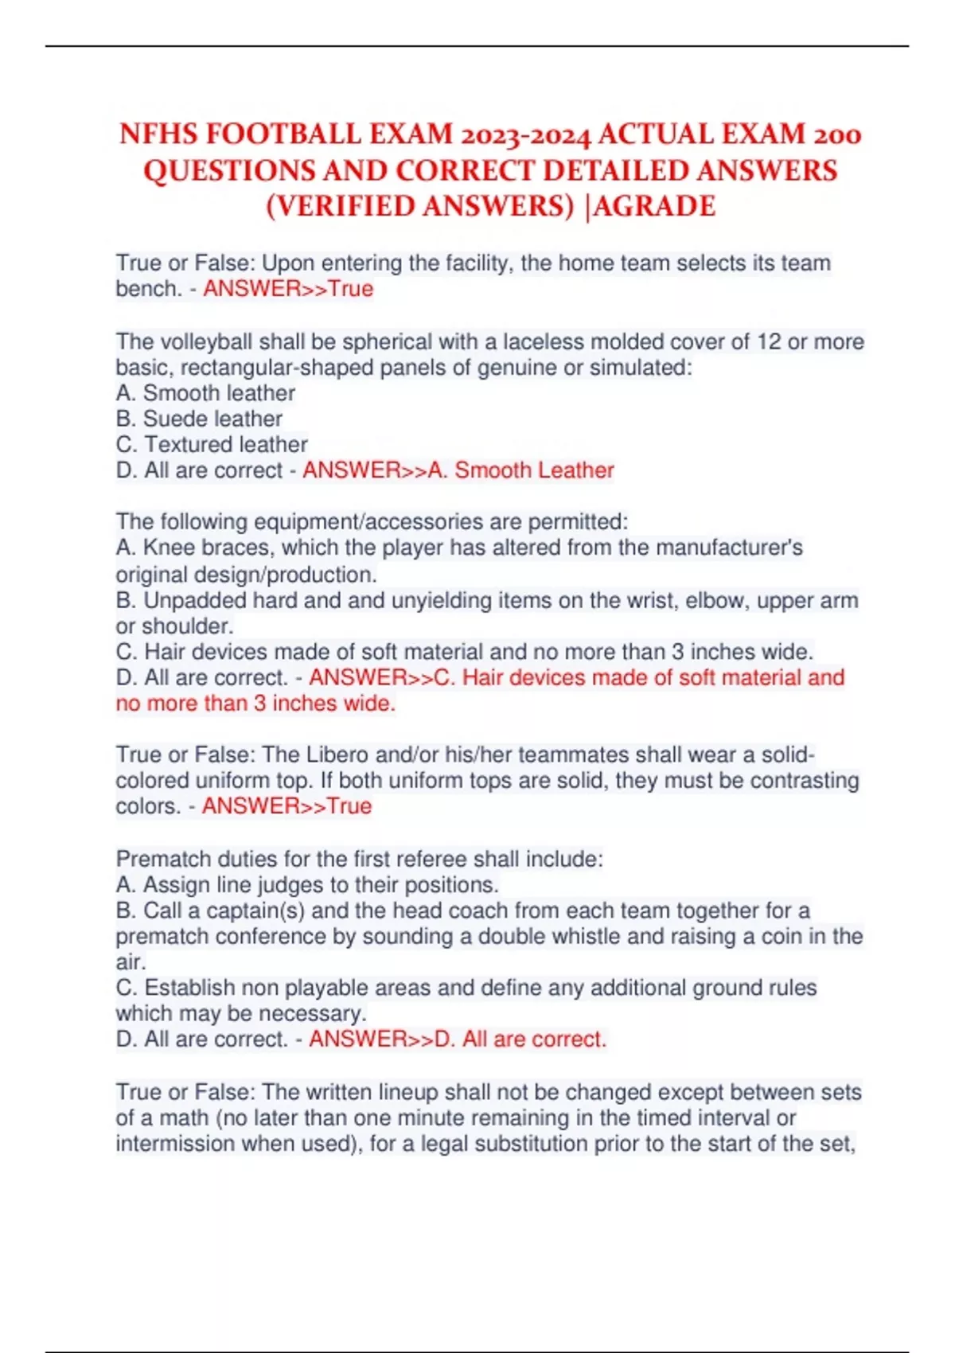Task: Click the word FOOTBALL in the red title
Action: coord(286,134)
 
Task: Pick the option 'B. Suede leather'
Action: coord(199,419)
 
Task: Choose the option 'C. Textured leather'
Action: coord(212,444)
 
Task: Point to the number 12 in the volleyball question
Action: coord(769,341)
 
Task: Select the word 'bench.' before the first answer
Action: coord(149,288)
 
